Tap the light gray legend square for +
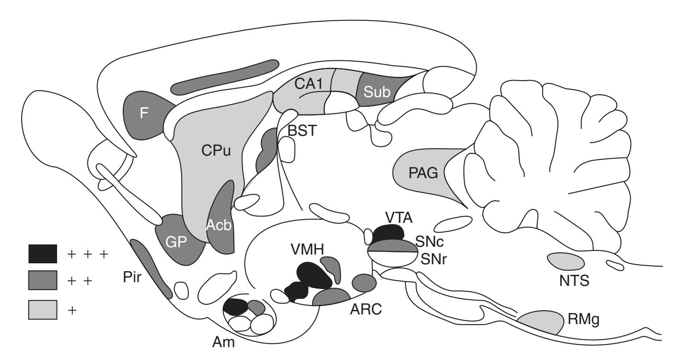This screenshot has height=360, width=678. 42,308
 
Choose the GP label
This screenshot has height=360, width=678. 177,243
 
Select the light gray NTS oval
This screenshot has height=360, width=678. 566,261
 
